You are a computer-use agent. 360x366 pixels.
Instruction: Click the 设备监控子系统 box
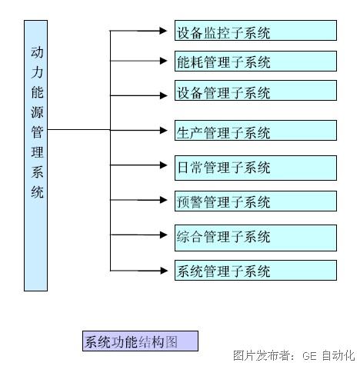click(x=255, y=31)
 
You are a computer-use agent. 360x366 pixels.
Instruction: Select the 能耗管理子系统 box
click(x=255, y=62)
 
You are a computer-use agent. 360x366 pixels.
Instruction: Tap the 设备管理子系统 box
click(x=255, y=91)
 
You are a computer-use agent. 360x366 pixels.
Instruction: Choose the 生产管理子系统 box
click(x=255, y=131)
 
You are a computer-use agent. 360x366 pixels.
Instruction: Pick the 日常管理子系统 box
click(x=255, y=168)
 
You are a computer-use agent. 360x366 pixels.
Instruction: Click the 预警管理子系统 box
click(x=255, y=201)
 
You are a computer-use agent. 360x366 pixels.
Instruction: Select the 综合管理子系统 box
click(x=255, y=238)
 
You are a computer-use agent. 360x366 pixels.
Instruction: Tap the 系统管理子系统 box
click(x=255, y=271)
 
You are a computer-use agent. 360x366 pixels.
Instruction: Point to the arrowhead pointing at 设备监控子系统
click(x=163, y=31)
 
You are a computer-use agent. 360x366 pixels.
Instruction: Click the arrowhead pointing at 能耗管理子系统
click(x=163, y=61)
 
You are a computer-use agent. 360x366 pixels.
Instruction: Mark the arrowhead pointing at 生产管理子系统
click(x=163, y=130)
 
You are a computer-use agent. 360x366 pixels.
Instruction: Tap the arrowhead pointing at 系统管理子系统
click(x=163, y=271)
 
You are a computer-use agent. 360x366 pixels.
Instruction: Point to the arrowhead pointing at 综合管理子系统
click(x=163, y=235)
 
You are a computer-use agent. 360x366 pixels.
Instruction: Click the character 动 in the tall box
click(x=37, y=52)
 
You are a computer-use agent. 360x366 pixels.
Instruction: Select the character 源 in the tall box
click(x=37, y=112)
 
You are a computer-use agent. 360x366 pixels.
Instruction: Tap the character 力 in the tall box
click(x=37, y=72)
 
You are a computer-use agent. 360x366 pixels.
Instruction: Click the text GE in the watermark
click(x=309, y=356)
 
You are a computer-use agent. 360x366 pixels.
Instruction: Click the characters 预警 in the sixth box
click(x=190, y=202)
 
